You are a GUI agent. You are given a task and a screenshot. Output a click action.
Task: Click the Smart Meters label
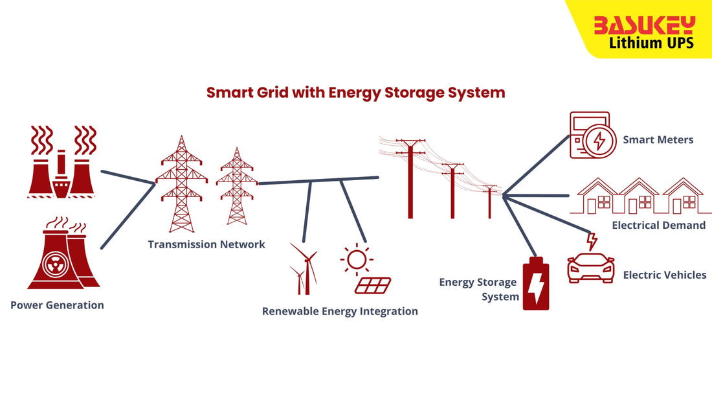pos(658,140)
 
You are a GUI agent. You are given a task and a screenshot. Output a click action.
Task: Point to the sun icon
pos(356,259)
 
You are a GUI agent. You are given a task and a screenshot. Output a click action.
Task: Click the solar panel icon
pos(373,285)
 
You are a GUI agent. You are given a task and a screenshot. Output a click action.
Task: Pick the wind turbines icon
pos(304,269)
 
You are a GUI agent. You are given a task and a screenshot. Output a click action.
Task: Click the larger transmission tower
pos(181,185)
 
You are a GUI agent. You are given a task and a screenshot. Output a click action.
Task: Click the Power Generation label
pos(57,305)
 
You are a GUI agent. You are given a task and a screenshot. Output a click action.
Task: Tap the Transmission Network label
pos(206,244)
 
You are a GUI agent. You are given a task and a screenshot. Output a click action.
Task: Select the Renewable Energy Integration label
pos(340,311)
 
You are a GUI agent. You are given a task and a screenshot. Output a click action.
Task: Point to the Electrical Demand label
pos(658,226)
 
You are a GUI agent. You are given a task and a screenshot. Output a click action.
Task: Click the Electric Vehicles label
pos(665,275)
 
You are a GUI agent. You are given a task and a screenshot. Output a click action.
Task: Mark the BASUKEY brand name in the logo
pos(644,25)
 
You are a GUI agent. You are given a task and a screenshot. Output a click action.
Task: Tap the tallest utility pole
pos(410,178)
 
